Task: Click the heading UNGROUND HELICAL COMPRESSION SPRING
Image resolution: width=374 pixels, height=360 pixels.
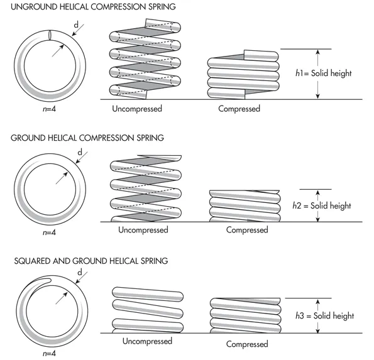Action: coord(89,6)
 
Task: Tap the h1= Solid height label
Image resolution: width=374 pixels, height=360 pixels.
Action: coord(323,74)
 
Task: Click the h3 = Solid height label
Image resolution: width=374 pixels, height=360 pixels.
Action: coord(324,315)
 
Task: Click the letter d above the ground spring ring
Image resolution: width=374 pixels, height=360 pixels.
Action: coord(80,153)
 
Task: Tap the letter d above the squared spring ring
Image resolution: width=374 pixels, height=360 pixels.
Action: coord(80,272)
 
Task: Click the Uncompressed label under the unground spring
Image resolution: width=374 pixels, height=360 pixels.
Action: coord(137,108)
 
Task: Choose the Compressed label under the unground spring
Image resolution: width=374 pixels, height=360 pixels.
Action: coord(239,109)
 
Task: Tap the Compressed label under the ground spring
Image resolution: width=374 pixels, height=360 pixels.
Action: coord(247,230)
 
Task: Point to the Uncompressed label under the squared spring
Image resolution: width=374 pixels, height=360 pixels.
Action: coord(147,341)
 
